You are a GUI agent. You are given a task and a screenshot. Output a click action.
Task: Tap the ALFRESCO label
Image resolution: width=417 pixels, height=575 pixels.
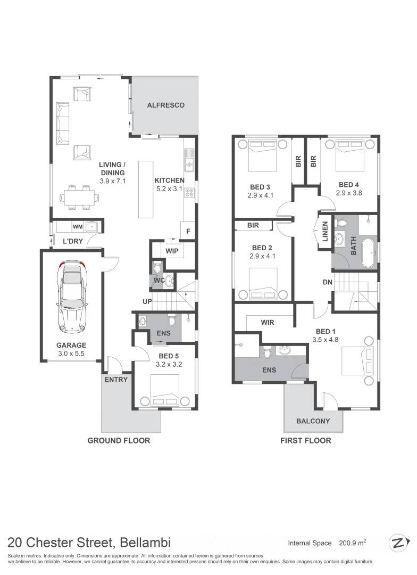tap(165, 105)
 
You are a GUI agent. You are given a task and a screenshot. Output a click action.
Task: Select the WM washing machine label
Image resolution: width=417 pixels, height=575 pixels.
tap(78, 227)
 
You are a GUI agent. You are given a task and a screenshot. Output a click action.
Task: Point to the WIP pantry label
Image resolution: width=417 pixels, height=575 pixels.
tap(172, 250)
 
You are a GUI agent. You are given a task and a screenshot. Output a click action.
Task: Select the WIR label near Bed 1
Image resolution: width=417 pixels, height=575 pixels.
tap(267, 322)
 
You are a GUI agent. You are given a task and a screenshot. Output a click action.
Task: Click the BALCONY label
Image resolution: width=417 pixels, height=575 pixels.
tap(313, 421)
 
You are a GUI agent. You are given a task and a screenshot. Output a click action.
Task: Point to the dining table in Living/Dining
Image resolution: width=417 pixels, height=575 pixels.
tap(79, 198)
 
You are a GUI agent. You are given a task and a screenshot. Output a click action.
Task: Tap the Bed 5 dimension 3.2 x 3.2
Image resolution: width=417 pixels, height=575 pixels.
tap(169, 365)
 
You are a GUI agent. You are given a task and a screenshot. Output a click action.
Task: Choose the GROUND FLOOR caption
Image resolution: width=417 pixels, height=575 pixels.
tap(119, 440)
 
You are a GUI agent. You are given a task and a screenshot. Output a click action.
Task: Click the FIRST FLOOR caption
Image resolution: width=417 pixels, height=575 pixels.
tap(305, 440)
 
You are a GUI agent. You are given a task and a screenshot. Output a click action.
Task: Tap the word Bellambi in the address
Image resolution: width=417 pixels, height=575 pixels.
tap(145, 543)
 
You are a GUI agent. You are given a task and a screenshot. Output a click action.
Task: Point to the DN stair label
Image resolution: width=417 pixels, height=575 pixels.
tap(327, 282)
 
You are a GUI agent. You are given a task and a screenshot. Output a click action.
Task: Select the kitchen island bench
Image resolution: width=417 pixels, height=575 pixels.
tap(146, 188)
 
